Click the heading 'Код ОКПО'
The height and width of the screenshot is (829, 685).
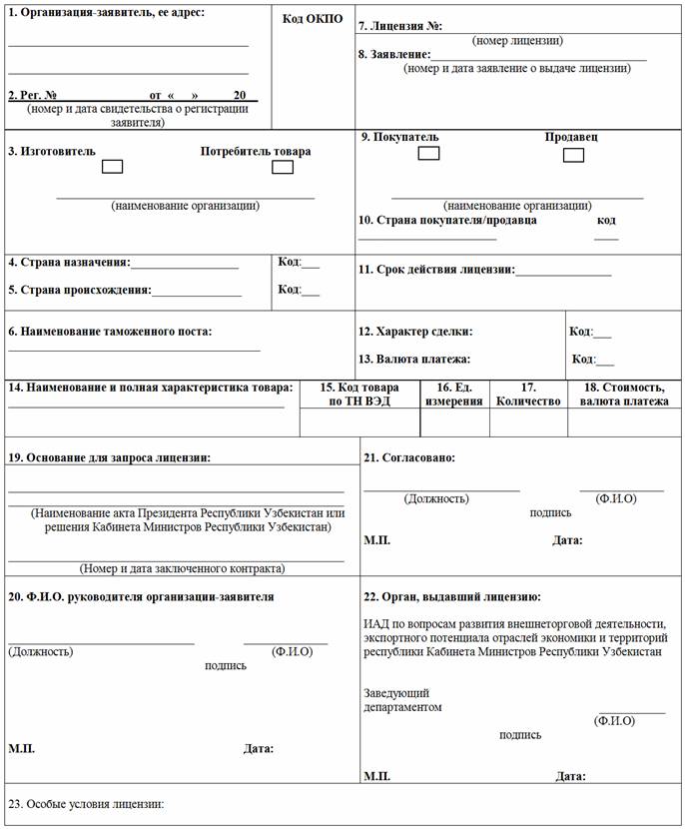tap(313, 19)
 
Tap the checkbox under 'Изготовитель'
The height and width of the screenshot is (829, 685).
tap(113, 167)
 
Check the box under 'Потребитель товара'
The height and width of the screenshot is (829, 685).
tap(283, 167)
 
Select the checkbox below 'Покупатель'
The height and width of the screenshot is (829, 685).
tap(428, 153)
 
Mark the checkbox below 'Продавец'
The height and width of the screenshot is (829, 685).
tap(573, 155)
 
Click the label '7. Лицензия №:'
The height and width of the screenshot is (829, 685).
tap(400, 25)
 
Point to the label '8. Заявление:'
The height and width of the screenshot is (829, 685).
tap(395, 54)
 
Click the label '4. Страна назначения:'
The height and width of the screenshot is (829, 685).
tap(69, 263)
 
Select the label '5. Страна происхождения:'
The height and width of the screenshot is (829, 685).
tap(80, 290)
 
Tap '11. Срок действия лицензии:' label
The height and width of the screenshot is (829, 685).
tap(436, 270)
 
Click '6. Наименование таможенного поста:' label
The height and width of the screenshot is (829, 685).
tap(110, 331)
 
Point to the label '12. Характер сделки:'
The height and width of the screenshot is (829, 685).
tap(415, 332)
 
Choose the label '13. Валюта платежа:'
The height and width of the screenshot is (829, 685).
tap(414, 359)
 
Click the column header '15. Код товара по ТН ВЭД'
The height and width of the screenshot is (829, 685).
tap(358, 395)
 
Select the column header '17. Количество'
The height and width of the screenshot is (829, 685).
tap(528, 395)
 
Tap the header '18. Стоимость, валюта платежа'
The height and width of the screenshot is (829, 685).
tap(624, 395)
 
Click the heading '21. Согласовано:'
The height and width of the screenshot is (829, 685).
tap(409, 457)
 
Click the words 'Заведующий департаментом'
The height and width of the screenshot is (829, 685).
tap(402, 699)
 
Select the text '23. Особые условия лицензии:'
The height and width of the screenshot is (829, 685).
tap(85, 804)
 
